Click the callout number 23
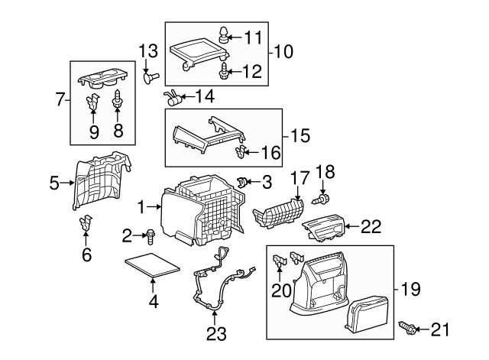coord(215,334)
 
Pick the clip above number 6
coord(86,225)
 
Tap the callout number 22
coord(371,226)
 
